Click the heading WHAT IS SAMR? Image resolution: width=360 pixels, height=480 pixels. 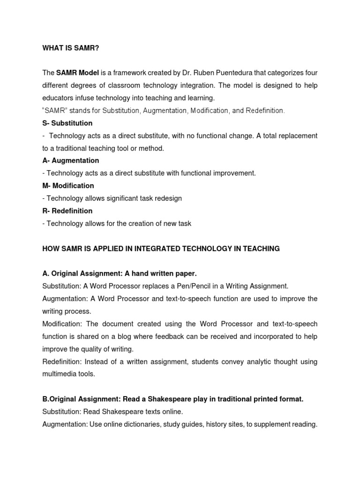[71, 48]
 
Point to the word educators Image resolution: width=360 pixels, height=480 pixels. [58, 98]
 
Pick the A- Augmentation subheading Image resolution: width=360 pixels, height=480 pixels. [70, 161]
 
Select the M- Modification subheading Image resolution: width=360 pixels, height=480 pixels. [68, 186]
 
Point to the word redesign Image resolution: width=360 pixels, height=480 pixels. [168, 198]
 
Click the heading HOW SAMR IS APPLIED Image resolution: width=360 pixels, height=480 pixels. [161, 249]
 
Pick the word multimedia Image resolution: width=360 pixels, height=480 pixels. [61, 374]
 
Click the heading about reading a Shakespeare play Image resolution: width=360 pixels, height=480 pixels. [173, 399]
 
